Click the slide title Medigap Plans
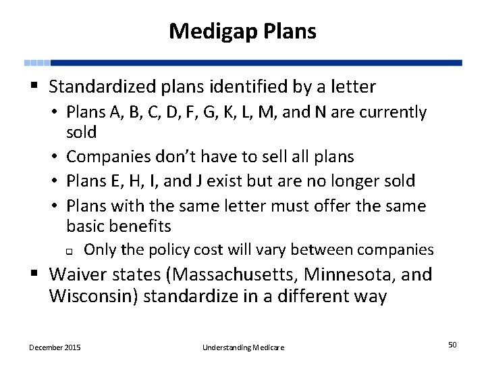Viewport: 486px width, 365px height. [242, 30]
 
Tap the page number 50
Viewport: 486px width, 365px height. [452, 345]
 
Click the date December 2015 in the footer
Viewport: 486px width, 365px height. [55, 347]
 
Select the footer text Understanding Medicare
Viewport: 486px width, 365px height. [243, 347]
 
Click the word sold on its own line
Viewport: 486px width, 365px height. [82, 132]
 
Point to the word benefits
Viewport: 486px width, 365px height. [139, 226]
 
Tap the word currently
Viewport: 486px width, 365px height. [394, 112]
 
